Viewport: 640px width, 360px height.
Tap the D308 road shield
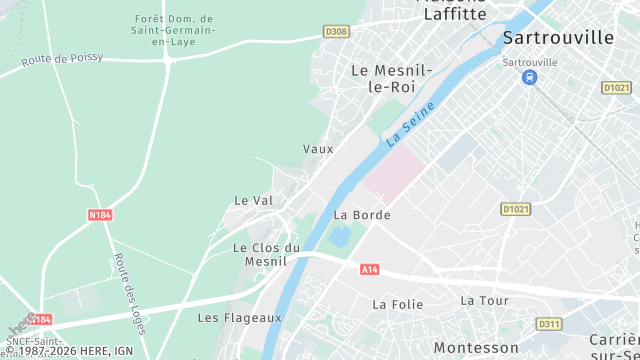pos(337,32)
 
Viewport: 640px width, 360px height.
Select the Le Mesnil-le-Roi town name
pos(391,78)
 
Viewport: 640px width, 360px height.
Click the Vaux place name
pos(318,148)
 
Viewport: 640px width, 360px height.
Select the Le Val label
pos(253,200)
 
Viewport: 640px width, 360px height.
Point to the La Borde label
pos(361,214)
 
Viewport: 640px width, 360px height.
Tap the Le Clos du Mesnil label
pos(266,254)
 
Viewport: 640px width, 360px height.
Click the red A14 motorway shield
pos(369,269)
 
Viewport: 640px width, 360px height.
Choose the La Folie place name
pos(392,303)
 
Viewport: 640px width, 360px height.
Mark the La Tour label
pos(484,300)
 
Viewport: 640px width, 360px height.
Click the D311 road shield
pos(548,324)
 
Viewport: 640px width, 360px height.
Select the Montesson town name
pos(476,347)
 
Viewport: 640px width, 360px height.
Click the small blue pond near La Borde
pos(340,236)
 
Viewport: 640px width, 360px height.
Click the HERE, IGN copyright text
pos(70,351)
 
